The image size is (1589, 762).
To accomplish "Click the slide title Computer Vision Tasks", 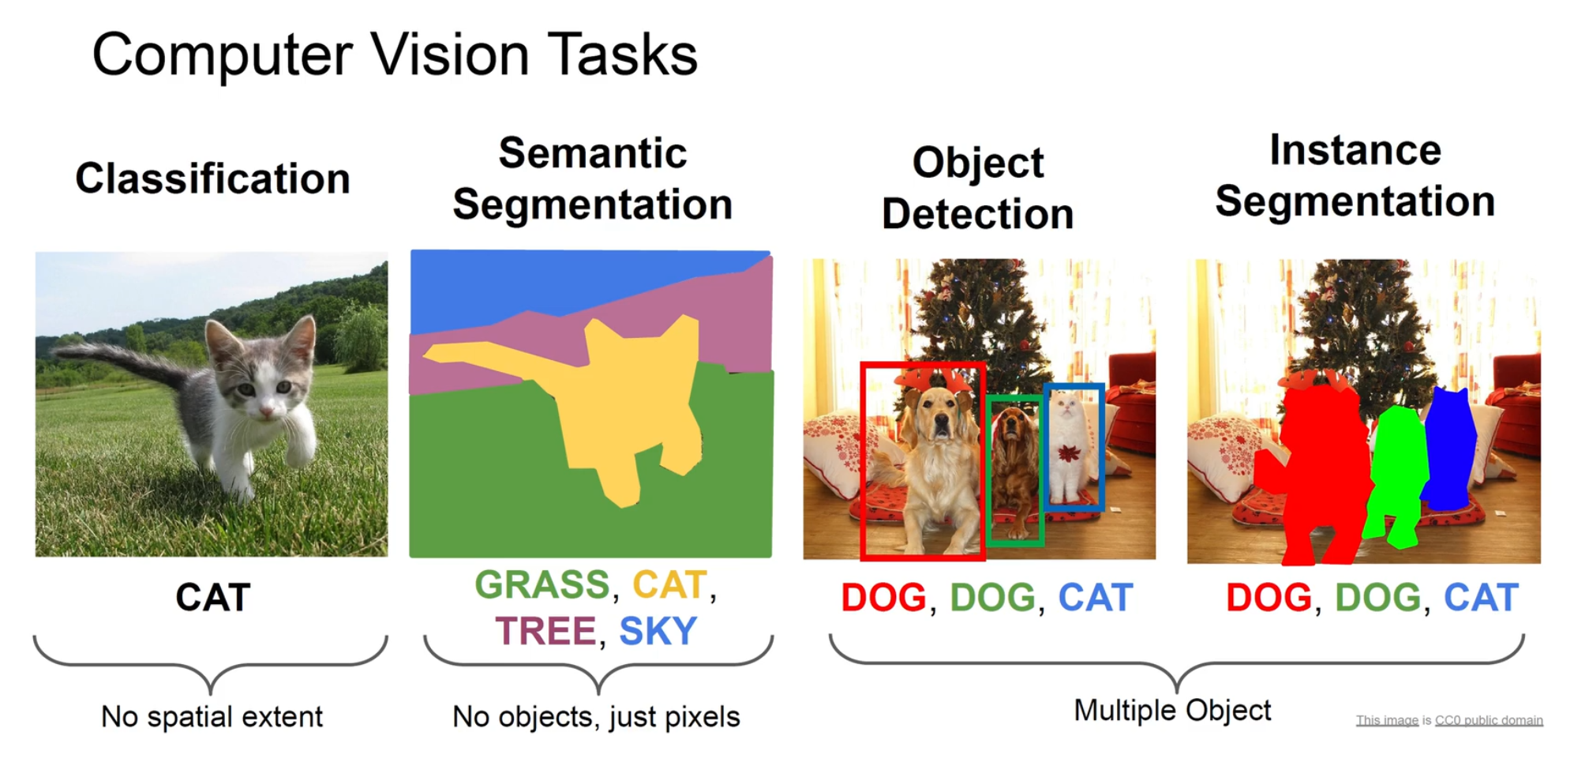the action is pos(395,55).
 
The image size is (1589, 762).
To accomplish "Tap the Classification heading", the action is pos(212,178).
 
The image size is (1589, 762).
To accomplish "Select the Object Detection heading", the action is pos(977,188).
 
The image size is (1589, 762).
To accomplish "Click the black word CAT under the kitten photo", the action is pos(212,597).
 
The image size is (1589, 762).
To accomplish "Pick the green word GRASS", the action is pos(542,585).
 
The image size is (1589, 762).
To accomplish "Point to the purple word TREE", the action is pos(545,631).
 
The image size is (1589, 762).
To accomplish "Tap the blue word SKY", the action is pos(658,631).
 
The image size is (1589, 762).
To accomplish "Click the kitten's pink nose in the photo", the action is pos(266,411).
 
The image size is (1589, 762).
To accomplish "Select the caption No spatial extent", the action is pos(212,717).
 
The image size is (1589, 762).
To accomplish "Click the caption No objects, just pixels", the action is pos(596,717).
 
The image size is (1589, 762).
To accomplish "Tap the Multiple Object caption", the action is pos(1172,710).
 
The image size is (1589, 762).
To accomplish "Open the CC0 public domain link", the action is pos(1488,720).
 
